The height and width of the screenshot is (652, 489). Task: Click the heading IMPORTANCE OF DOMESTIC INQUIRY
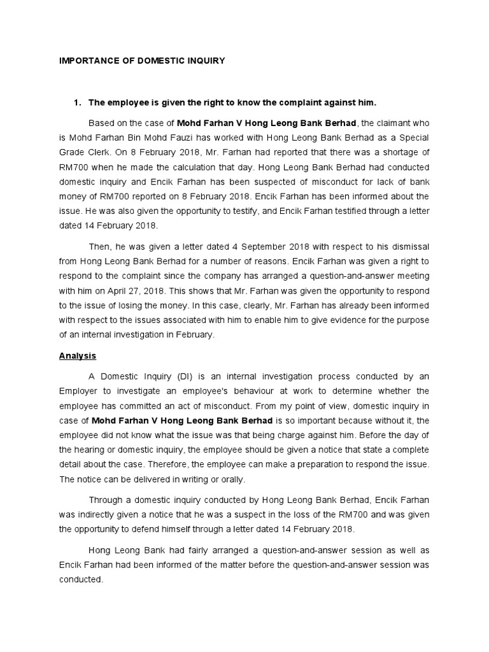point(142,61)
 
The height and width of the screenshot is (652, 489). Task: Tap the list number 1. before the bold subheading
point(78,102)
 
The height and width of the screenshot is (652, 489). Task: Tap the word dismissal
point(409,245)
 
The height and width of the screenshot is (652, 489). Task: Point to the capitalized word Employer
point(83,390)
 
